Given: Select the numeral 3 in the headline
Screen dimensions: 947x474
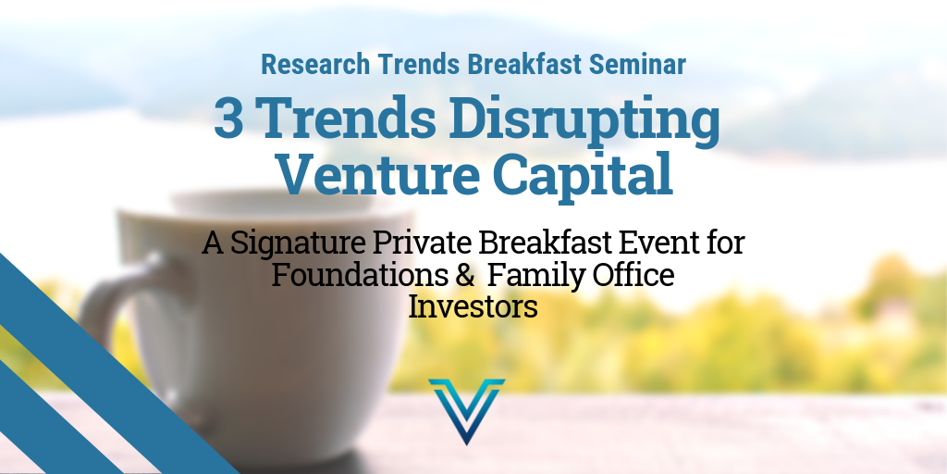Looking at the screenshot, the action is click(x=228, y=118).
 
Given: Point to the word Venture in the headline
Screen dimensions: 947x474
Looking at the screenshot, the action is click(x=379, y=173).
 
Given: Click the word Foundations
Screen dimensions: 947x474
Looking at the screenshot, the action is click(x=356, y=276).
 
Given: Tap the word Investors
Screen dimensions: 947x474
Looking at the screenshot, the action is click(x=473, y=306).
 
